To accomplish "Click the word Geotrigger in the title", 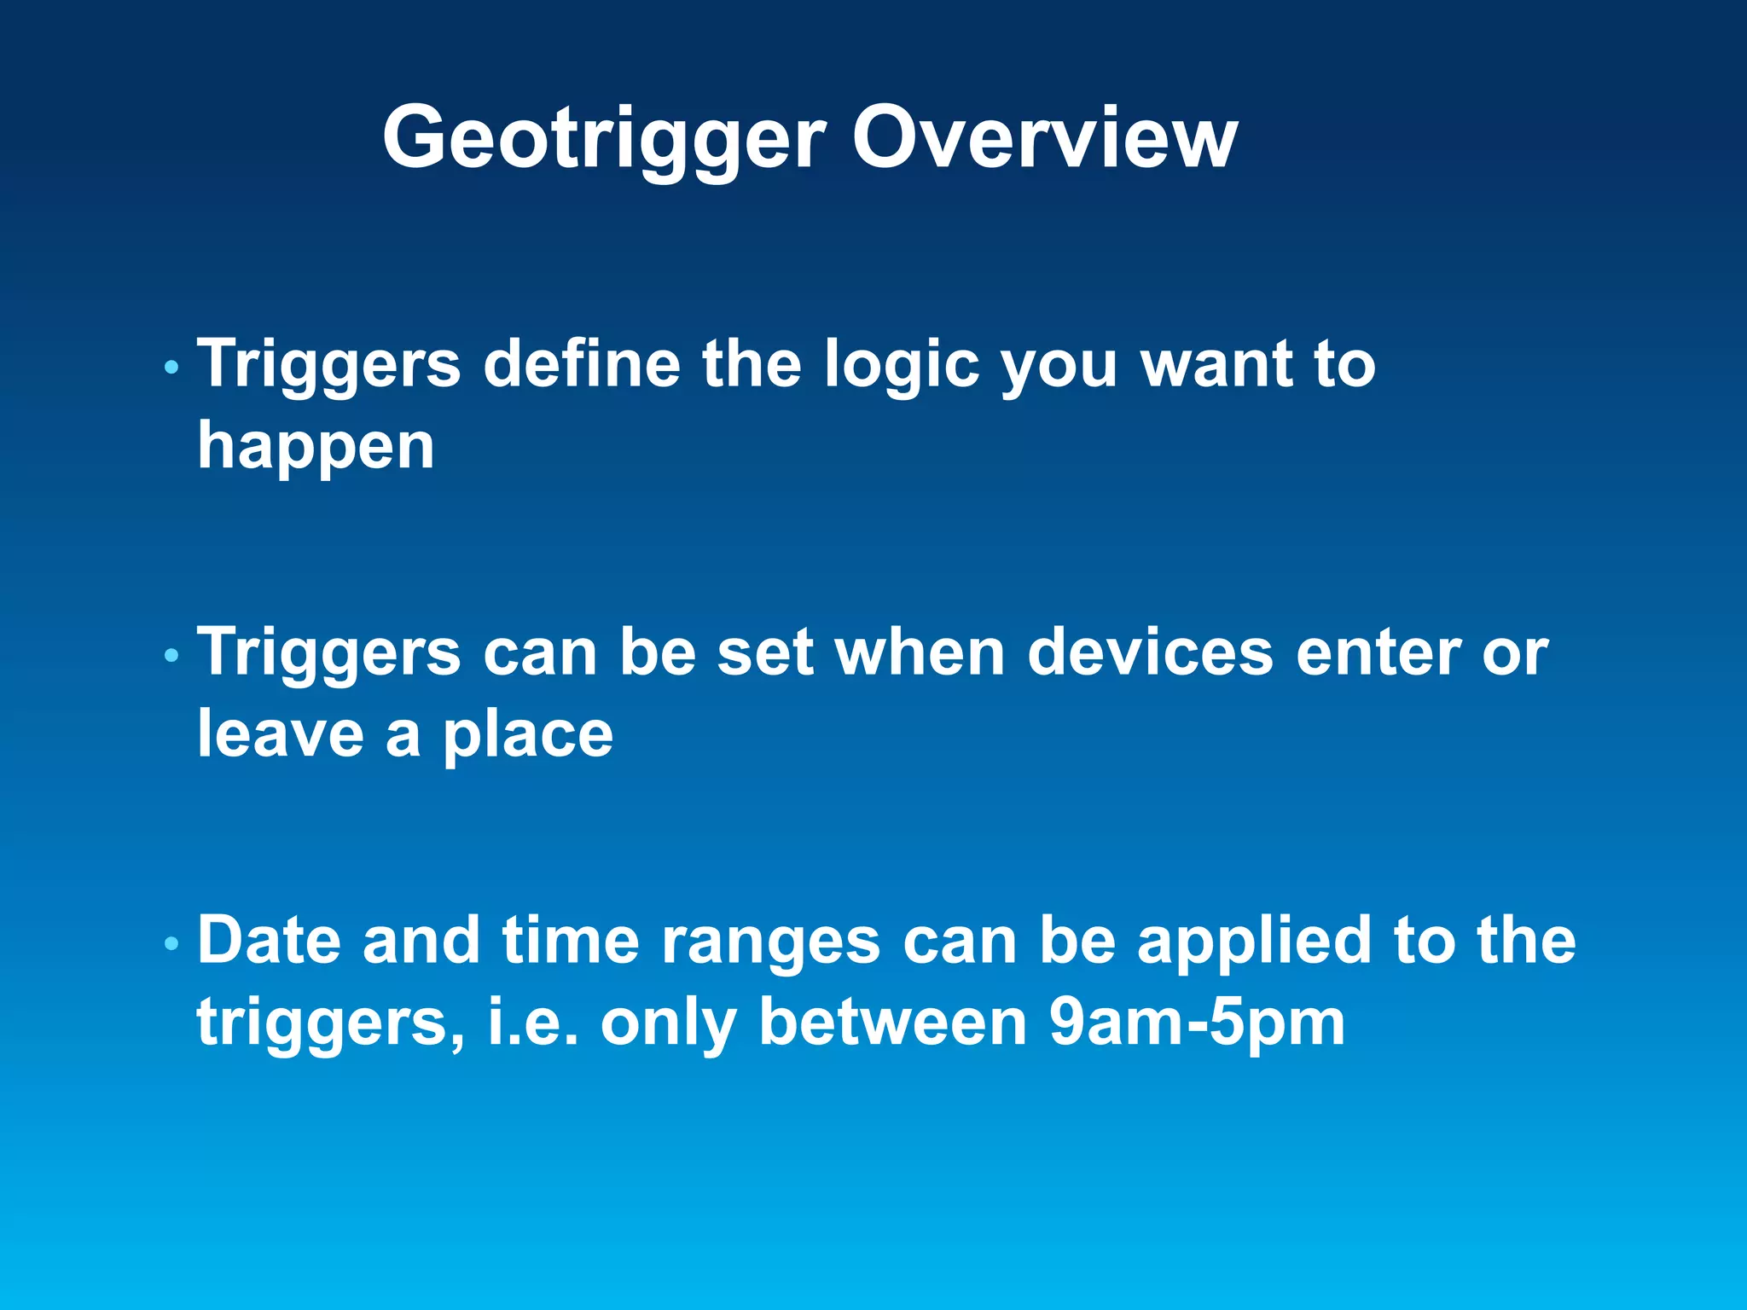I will (x=604, y=139).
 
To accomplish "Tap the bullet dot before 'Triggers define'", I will (x=171, y=368).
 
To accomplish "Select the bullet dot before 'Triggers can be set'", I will (x=171, y=656).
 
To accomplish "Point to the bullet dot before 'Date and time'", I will (x=171, y=944).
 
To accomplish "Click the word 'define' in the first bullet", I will (x=582, y=363).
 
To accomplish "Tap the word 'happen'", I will (x=316, y=447).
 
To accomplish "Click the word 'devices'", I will (x=1150, y=652).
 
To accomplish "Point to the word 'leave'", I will (x=281, y=734).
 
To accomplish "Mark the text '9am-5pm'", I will (x=1196, y=1023).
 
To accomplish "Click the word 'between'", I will (x=893, y=1022).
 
